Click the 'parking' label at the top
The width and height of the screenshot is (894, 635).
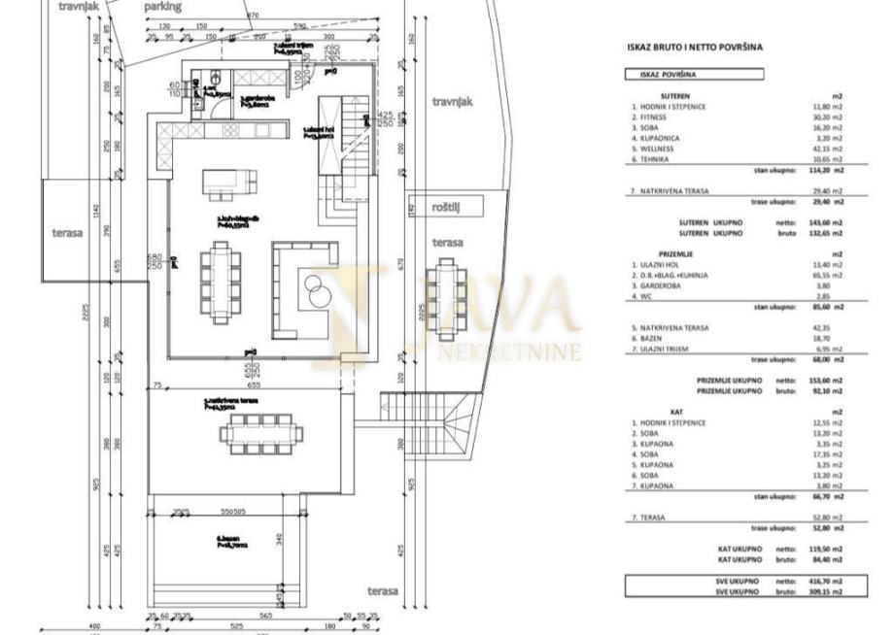click(162, 6)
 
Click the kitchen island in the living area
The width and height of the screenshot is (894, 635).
click(230, 183)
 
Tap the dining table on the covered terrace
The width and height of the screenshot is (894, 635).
click(260, 434)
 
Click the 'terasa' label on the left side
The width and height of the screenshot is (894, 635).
click(67, 233)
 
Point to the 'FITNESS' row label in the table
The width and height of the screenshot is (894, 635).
click(649, 117)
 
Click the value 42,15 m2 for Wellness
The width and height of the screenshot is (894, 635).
click(826, 149)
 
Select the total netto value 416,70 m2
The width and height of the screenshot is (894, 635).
click(826, 580)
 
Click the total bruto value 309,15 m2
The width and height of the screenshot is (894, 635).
click(826, 590)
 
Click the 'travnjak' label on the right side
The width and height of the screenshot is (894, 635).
click(452, 101)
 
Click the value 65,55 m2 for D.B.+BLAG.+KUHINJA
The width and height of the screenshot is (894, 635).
click(826, 275)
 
